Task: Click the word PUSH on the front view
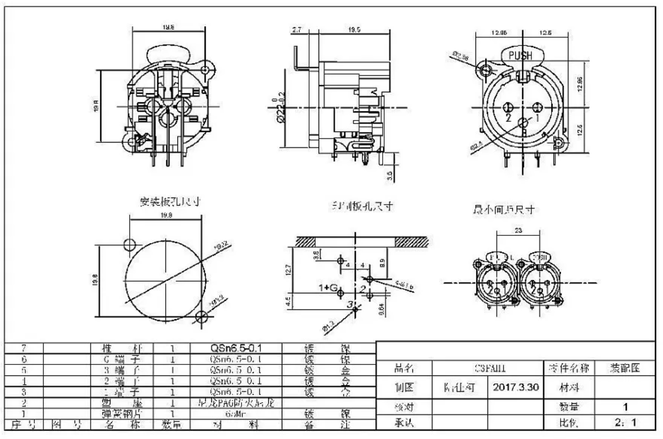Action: [x=520, y=56]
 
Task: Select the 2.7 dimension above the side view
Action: [x=297, y=31]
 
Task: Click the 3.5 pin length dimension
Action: [x=389, y=175]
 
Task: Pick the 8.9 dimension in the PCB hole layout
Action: [x=383, y=262]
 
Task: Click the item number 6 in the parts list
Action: [x=24, y=359]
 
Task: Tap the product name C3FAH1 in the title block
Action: [x=488, y=368]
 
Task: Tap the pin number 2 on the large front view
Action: [x=508, y=118]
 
